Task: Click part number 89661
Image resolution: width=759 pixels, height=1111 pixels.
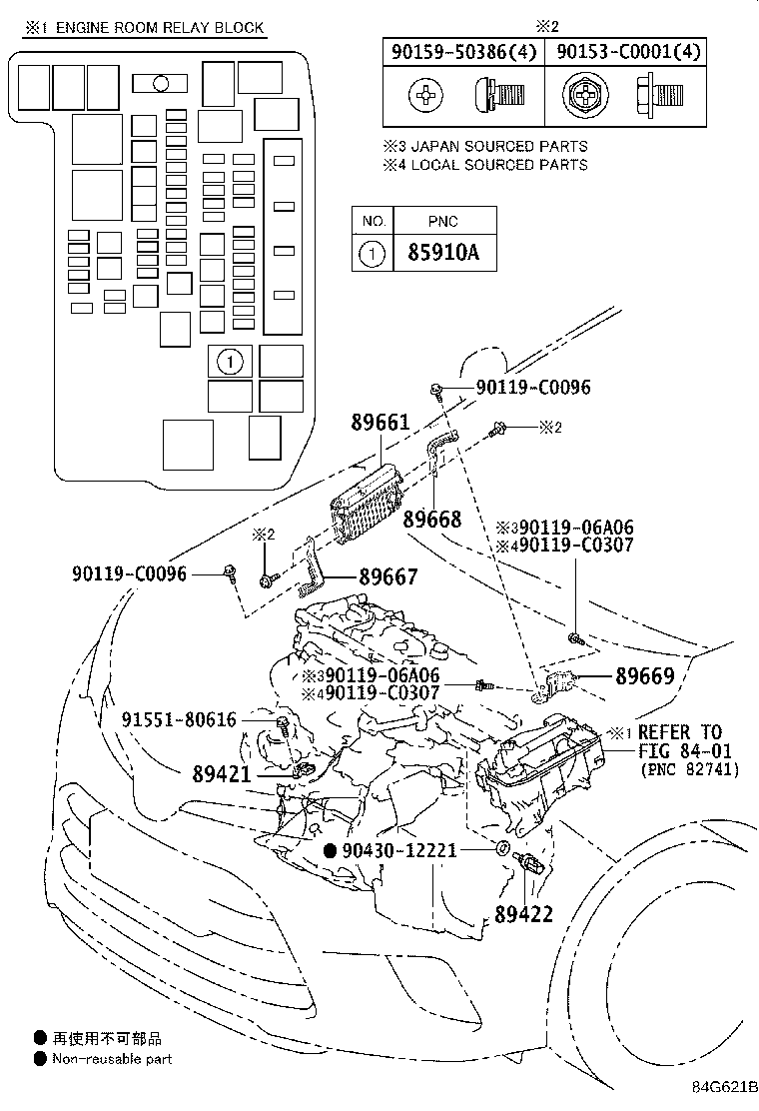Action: pos(379,423)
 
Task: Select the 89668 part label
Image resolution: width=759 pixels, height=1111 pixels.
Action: pos(432,519)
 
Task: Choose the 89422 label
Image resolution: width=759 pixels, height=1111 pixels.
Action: pos(522,913)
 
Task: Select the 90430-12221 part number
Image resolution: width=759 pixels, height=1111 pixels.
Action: pos(398,849)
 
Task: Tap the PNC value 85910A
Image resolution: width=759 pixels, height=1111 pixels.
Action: pos(443,254)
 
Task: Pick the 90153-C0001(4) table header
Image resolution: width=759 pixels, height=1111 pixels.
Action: pos(628,51)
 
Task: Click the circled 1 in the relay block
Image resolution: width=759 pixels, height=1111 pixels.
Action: pos(229,361)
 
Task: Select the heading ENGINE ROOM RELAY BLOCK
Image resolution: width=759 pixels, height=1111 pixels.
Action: pos(160,27)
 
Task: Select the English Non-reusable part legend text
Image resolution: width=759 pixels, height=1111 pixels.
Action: pos(112,1058)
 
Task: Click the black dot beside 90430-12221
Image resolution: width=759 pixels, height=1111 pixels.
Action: pos(331,849)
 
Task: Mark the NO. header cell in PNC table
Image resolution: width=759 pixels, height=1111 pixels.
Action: pos(374,221)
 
